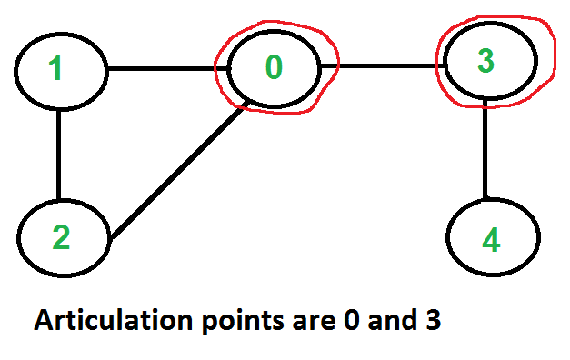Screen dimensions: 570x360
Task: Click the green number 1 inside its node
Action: (x=56, y=68)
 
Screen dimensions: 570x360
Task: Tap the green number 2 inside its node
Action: (x=61, y=236)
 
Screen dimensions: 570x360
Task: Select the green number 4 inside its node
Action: (x=491, y=240)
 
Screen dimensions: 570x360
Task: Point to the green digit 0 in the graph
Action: (x=274, y=66)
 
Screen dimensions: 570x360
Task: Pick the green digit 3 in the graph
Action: (x=486, y=60)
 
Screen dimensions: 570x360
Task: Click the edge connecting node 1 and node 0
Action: (x=167, y=68)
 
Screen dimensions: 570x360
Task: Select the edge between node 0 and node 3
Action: (x=382, y=65)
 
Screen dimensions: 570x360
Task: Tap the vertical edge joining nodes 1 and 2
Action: (x=59, y=155)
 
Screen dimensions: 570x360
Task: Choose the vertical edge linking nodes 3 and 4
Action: (x=485, y=148)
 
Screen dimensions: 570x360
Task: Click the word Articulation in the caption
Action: (x=113, y=320)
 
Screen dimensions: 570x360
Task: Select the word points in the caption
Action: (x=243, y=322)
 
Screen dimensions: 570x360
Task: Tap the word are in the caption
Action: (x=314, y=323)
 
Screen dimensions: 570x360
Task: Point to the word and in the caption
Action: (x=392, y=320)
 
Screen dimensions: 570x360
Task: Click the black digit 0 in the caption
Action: (x=352, y=320)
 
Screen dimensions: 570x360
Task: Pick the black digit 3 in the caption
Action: (x=432, y=320)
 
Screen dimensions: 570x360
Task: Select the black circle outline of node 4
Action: (x=447, y=237)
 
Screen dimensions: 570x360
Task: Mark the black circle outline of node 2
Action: (x=18, y=238)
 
